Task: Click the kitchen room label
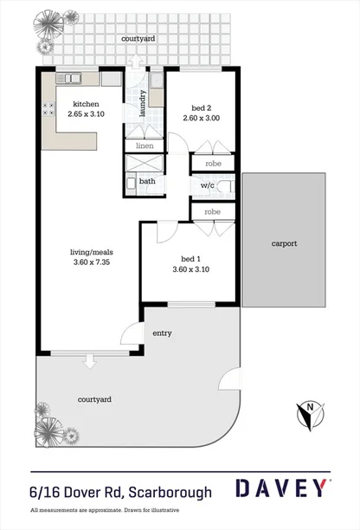coord(74,103)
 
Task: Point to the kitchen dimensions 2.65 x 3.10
coord(74,113)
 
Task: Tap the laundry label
coord(134,111)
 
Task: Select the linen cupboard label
coord(145,145)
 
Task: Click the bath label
coord(148,181)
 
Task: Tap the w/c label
coord(208,185)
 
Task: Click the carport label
coord(284,243)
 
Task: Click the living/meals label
coord(89,253)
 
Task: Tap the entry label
coord(162,333)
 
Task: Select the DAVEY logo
coord(282,490)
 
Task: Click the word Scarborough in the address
coord(170,492)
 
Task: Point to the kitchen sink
coord(74,78)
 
